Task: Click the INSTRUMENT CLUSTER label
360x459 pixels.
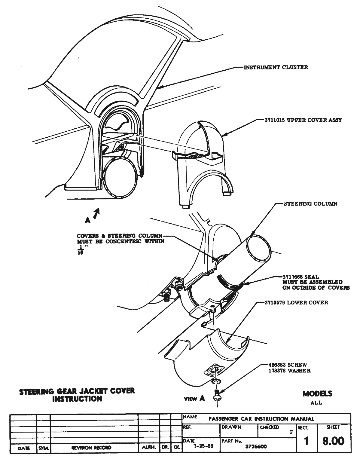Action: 275,67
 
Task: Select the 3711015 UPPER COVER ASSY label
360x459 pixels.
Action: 303,120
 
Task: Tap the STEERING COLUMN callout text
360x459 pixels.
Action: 310,204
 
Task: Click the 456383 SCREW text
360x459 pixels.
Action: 287,365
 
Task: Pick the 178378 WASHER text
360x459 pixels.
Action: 289,371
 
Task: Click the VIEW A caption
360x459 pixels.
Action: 195,399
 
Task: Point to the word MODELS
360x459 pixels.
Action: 317,393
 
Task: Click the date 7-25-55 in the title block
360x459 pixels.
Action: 203,446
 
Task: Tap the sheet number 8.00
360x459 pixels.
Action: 333,441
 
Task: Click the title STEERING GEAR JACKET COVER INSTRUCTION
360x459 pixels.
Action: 77,395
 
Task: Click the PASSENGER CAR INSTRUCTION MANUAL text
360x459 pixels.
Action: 261,419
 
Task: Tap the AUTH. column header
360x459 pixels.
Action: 148,448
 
